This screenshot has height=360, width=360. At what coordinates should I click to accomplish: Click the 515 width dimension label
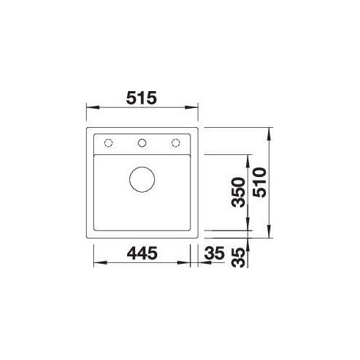[x=141, y=98]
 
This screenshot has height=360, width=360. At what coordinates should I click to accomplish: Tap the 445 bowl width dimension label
[x=142, y=253]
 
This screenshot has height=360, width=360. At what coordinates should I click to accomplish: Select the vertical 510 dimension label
[x=259, y=182]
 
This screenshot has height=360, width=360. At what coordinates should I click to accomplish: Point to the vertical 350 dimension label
[x=239, y=192]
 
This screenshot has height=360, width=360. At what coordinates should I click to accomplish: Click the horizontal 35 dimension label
[x=215, y=253]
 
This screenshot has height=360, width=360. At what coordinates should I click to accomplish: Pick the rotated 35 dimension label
[x=239, y=257]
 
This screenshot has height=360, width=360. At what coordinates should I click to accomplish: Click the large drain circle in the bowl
[x=142, y=179]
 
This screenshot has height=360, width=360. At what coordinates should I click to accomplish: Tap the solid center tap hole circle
[x=142, y=143]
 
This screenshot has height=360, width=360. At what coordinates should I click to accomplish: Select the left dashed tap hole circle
[x=108, y=143]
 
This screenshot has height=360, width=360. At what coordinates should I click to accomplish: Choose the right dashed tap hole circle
[x=176, y=143]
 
